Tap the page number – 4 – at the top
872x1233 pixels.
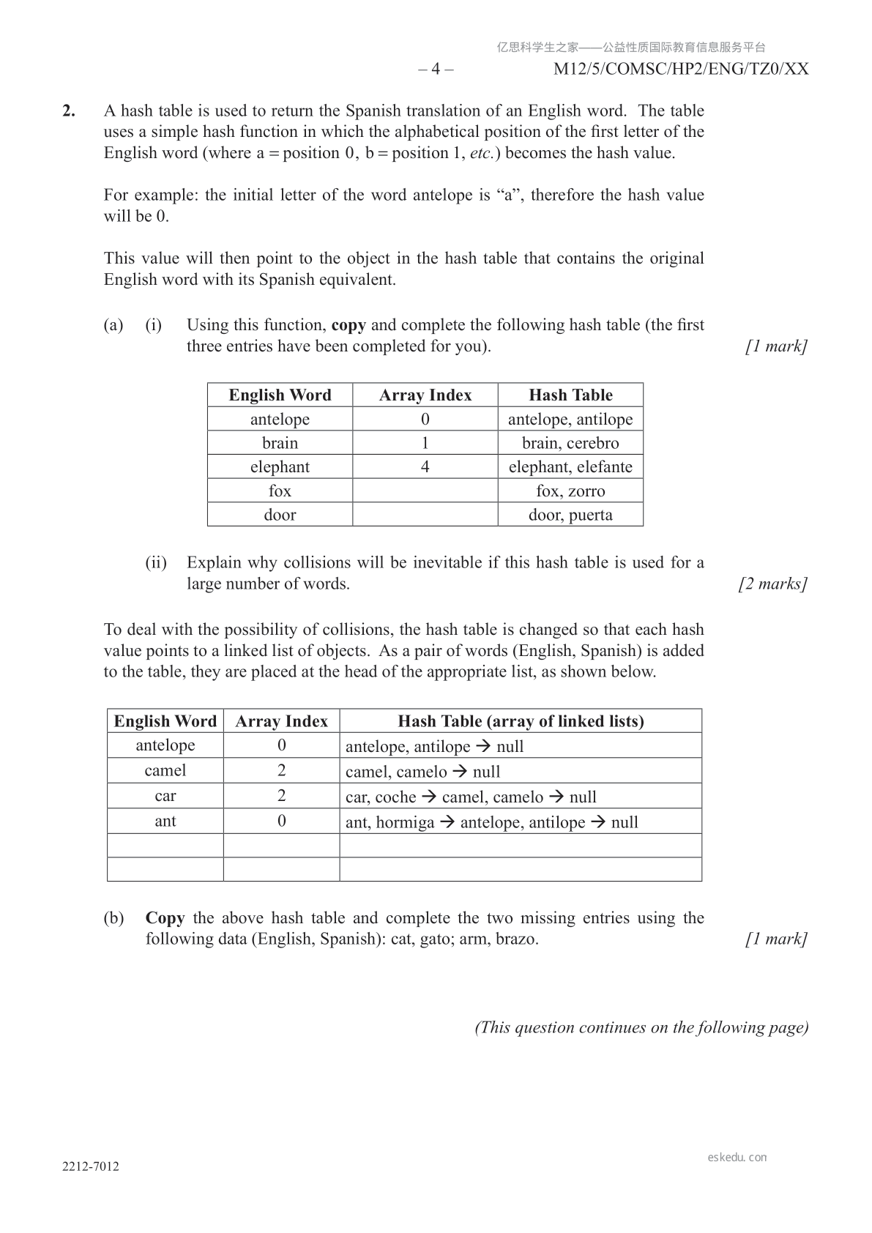point(436,69)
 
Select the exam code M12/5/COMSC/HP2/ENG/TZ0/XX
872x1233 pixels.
point(681,69)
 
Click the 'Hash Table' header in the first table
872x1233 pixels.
point(570,395)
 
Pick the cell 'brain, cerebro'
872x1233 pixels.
point(570,443)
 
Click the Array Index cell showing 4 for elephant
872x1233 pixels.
point(425,467)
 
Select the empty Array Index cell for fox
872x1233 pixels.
point(425,491)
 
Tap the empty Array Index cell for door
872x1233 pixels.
point(425,515)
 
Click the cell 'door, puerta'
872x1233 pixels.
point(570,515)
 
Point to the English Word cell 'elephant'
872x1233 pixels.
point(280,467)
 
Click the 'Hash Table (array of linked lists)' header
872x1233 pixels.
point(521,721)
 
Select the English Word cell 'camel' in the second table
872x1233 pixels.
point(165,770)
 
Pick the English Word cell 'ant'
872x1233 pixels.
point(165,821)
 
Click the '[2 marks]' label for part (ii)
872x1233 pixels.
point(773,584)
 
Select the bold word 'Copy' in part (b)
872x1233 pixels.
point(165,918)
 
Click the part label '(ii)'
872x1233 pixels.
point(156,563)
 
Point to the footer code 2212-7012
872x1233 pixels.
point(91,1166)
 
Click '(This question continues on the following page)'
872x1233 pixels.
point(641,1027)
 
